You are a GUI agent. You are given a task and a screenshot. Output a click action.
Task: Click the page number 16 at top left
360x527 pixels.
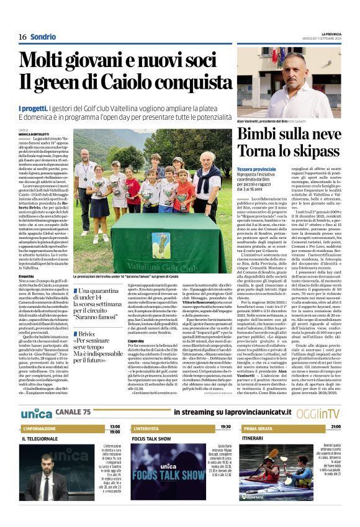tap(23, 37)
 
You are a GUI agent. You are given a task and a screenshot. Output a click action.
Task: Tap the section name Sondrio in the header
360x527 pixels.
tap(43, 37)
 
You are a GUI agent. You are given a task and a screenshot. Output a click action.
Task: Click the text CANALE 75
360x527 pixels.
tap(73, 412)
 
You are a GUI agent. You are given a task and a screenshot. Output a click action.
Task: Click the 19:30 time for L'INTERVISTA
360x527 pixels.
tap(221, 427)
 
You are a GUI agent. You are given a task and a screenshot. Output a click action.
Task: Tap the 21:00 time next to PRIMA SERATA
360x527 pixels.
tap(335, 427)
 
